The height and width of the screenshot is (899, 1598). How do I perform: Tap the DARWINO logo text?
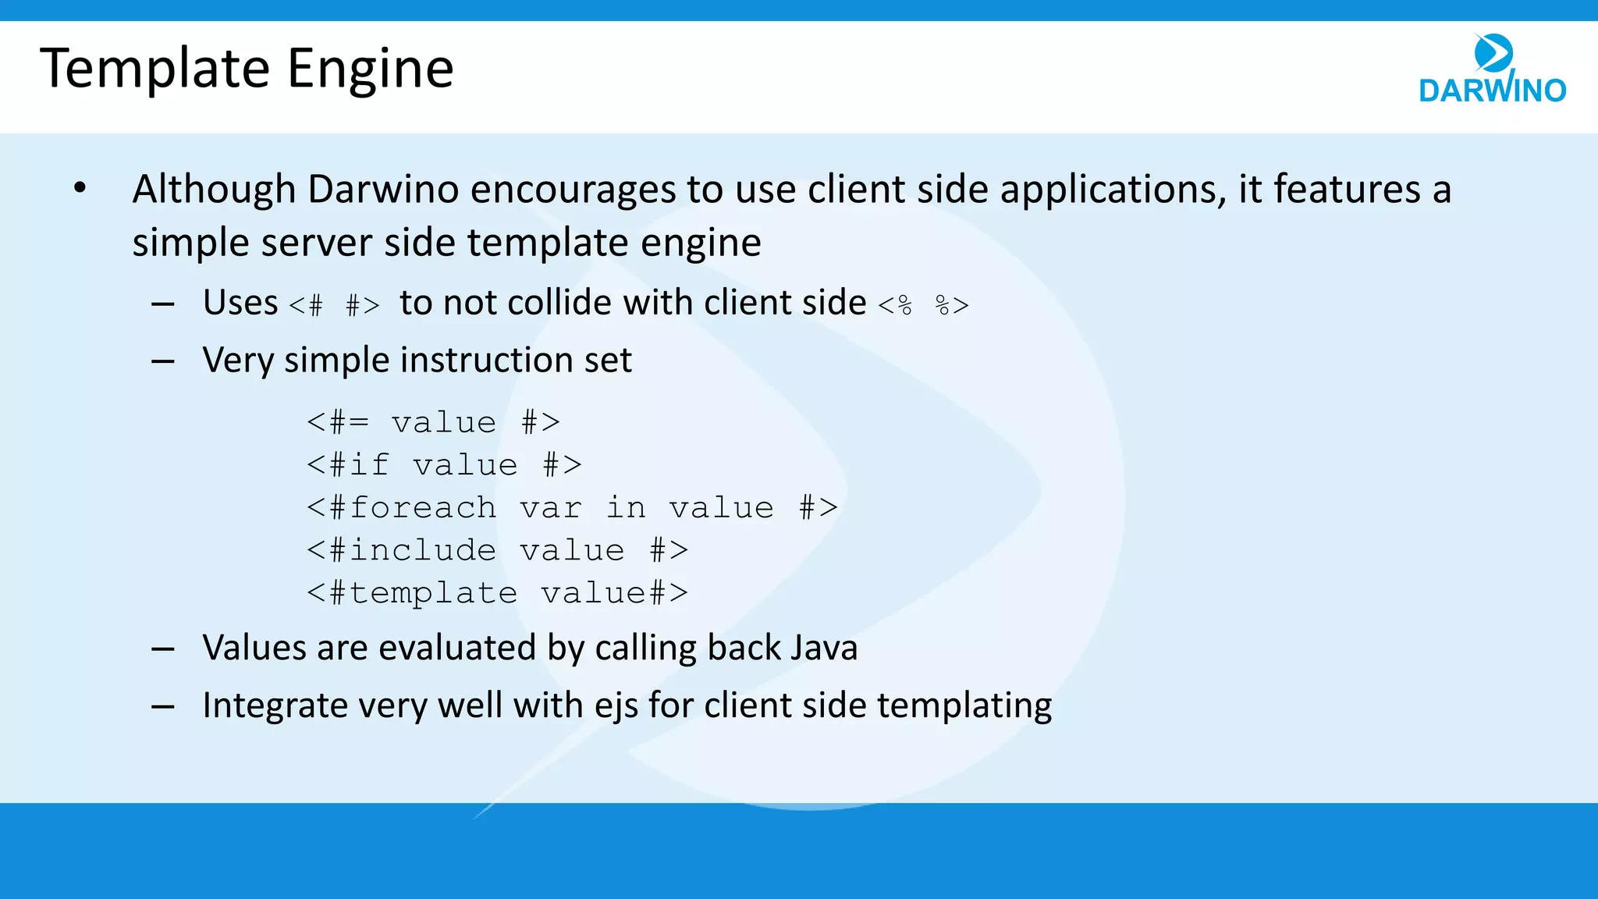[1492, 91]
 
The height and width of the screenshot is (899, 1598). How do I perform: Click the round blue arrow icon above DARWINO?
[1493, 53]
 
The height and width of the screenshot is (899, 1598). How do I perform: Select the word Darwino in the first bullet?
[382, 190]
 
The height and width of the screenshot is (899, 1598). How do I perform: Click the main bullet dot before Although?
[80, 188]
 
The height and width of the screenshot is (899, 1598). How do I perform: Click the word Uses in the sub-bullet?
[240, 303]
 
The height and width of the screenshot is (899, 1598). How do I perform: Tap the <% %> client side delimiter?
[924, 304]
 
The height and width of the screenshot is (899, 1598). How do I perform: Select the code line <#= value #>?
[433, 423]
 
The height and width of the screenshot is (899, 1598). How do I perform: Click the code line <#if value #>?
[444, 466]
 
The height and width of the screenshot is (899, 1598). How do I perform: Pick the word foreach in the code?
[422, 508]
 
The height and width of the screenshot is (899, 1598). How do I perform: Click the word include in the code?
[422, 551]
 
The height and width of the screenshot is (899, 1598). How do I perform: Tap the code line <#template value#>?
[497, 593]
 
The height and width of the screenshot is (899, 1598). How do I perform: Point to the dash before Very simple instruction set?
[162, 361]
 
